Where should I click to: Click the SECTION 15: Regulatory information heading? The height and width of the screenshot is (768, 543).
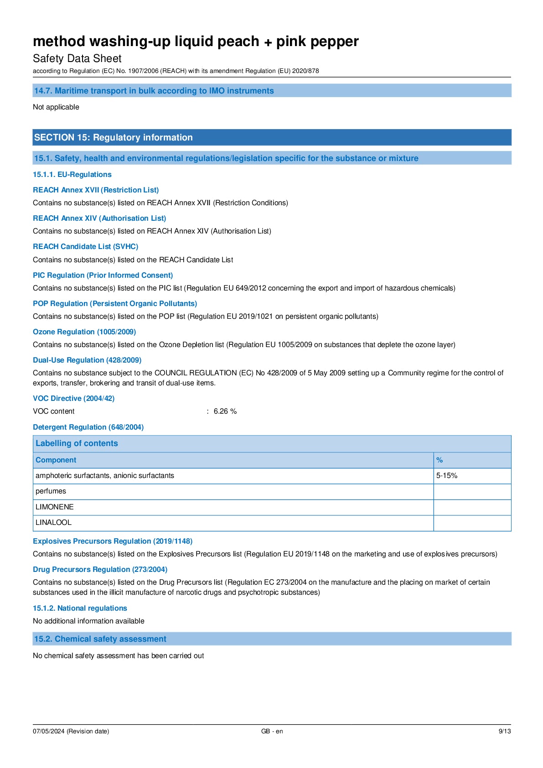point(114,137)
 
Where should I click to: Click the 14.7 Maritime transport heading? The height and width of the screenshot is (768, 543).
point(154,91)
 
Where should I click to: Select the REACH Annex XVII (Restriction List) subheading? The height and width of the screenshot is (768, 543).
point(96,190)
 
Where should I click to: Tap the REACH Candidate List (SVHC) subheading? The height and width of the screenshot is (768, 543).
point(85,246)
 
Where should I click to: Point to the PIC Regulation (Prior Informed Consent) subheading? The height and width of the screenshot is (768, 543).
point(103,275)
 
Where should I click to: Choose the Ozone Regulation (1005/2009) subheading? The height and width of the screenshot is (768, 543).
point(84,332)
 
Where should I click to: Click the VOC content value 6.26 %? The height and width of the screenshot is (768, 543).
point(225,411)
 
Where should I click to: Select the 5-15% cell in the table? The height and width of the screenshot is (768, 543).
point(447,475)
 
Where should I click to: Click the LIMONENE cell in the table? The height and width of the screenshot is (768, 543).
point(55,507)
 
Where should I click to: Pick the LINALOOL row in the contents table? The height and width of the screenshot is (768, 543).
point(54,522)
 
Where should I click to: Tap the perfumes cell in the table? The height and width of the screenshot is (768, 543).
point(51,491)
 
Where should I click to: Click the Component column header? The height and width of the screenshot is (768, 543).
point(56,460)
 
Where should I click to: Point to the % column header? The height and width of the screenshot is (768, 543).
point(440,460)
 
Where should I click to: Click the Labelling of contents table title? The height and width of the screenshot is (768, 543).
point(77,443)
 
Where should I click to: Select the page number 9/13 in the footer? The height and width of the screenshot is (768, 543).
point(504,731)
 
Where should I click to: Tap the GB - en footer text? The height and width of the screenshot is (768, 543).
point(272,731)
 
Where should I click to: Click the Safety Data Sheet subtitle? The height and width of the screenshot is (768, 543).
point(77,58)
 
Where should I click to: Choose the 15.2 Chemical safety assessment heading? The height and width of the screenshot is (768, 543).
point(100,638)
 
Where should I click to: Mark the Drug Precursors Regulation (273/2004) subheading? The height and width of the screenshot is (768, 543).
point(100,569)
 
